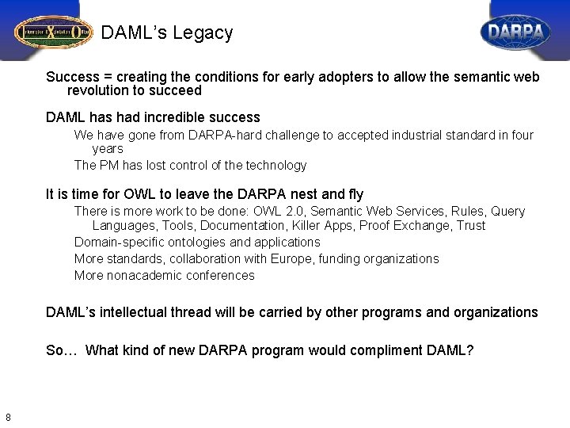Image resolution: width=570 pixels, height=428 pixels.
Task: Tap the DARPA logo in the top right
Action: [x=515, y=32]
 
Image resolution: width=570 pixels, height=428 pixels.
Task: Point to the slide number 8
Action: [x=7, y=418]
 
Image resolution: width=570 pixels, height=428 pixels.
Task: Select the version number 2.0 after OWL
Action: [x=321, y=212]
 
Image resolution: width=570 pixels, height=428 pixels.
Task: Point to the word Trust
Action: [x=469, y=226]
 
